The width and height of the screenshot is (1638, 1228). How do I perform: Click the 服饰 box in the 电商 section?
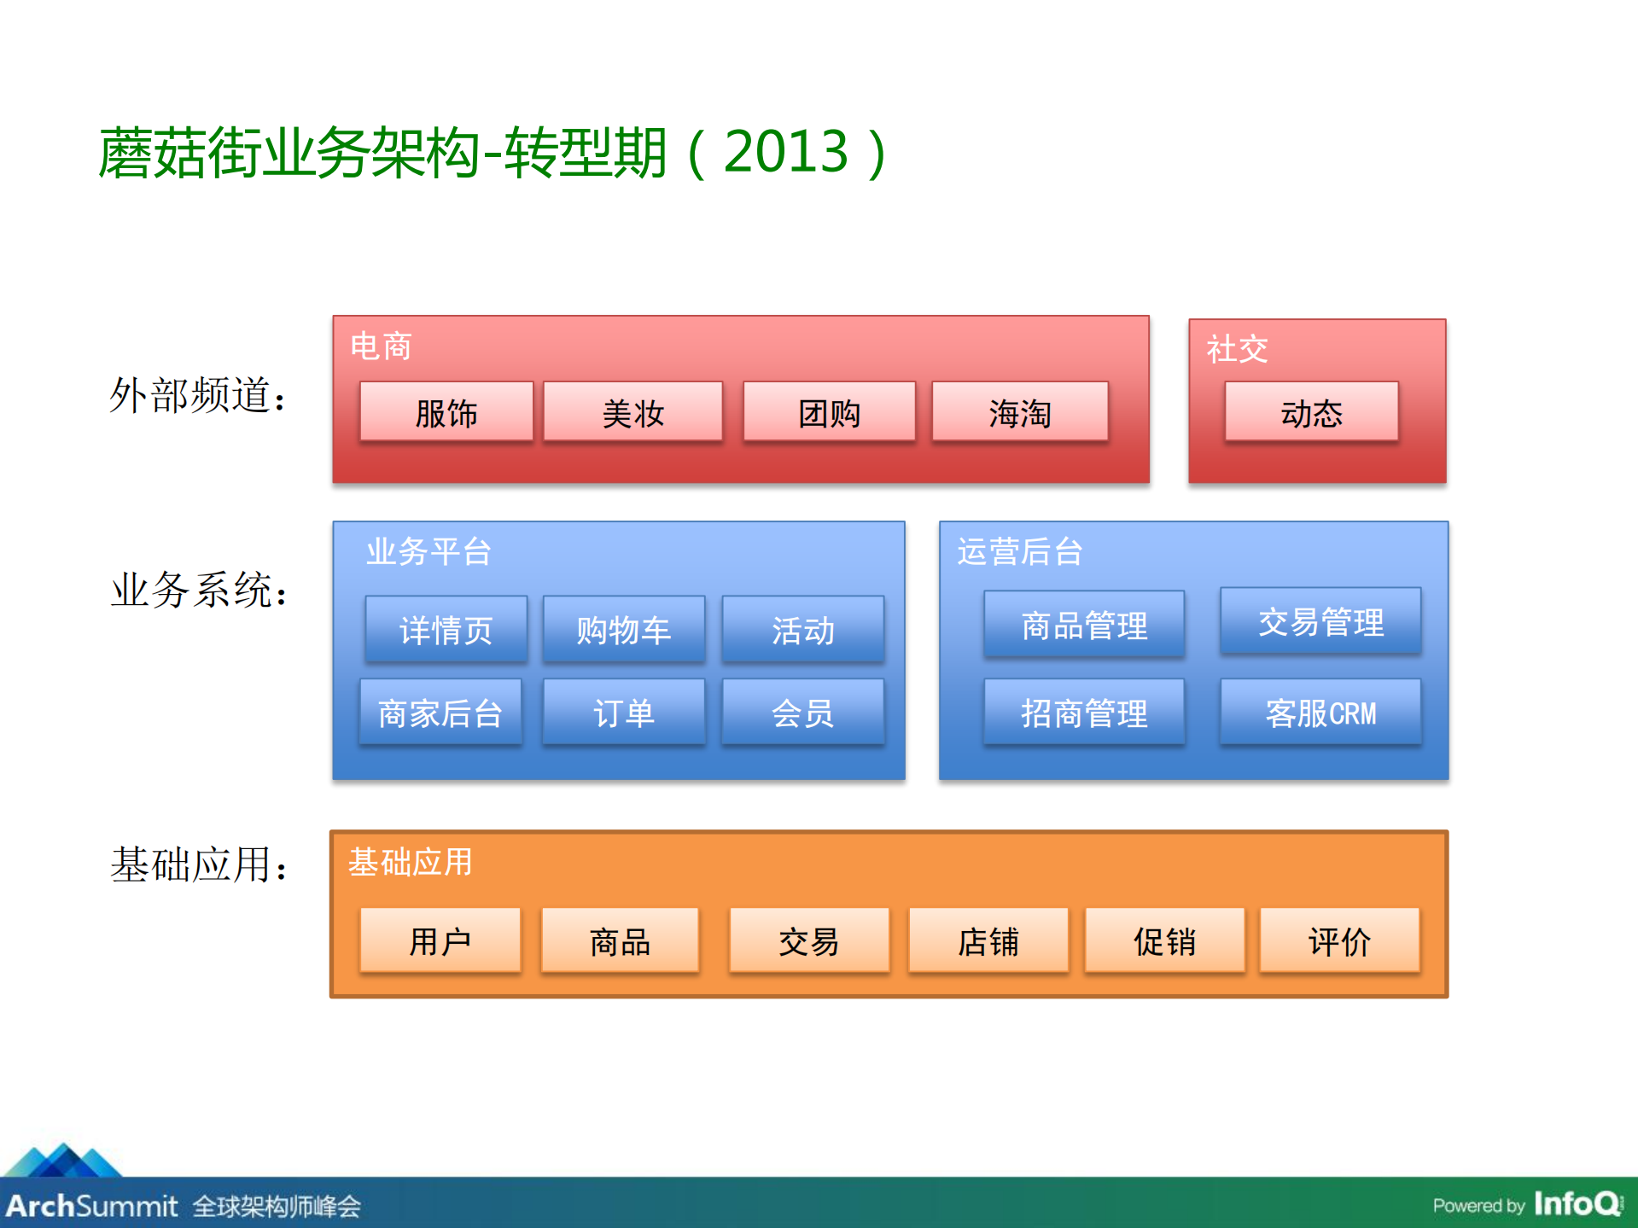tap(446, 412)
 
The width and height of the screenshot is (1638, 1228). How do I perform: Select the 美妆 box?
tap(632, 412)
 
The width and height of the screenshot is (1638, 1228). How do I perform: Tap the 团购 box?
tap(829, 412)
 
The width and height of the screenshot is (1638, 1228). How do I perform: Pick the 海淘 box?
tap(1020, 412)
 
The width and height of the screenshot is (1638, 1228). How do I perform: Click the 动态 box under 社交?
tap(1311, 412)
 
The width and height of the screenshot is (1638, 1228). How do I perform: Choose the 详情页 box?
tap(446, 630)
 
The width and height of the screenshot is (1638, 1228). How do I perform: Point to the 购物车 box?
tap(624, 630)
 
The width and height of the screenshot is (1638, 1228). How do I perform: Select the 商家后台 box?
tap(440, 713)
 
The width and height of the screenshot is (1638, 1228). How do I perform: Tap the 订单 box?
tap(624, 713)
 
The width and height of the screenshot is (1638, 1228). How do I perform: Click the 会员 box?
tap(802, 713)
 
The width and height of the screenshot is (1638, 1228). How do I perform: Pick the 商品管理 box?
tap(1084, 625)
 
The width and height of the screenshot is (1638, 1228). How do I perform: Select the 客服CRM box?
tap(1320, 713)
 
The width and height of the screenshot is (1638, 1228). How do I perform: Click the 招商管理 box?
tap(1084, 713)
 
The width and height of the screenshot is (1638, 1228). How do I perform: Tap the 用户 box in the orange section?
tap(440, 940)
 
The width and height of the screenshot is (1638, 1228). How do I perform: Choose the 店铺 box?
tap(988, 940)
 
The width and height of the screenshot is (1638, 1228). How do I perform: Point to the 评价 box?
tap(1339, 940)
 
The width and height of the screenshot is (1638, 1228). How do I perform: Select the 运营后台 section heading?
tap(1019, 551)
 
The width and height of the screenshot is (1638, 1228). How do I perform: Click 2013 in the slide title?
tap(785, 152)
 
